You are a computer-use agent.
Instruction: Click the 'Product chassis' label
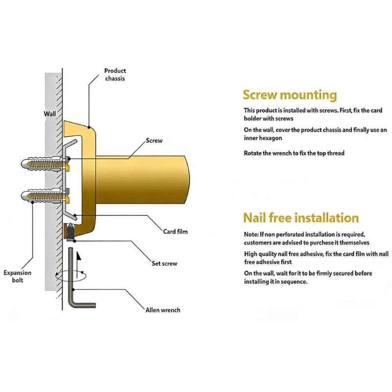115,74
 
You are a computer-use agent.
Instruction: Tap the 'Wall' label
50,114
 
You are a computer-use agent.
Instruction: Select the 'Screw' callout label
154,141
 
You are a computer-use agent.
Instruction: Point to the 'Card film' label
175,231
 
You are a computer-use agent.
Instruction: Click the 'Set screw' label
164,263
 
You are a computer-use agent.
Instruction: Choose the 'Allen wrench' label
163,310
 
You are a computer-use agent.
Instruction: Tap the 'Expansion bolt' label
18,276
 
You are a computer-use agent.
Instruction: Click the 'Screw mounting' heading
290,95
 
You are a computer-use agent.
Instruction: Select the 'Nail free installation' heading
301,218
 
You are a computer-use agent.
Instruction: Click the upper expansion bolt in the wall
45,164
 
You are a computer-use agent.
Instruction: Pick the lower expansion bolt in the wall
45,195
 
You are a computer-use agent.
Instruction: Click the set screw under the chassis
71,232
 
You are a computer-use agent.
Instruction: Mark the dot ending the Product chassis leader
89,127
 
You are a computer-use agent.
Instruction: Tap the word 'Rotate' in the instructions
252,153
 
